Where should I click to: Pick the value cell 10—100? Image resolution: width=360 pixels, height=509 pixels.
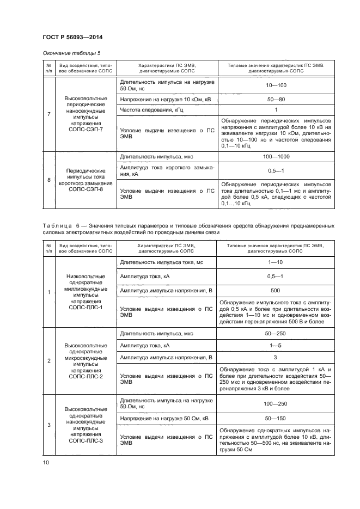[x=275, y=85]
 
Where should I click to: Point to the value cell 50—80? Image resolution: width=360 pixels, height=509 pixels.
[x=275, y=99]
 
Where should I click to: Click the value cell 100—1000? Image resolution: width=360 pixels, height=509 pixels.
[x=275, y=157]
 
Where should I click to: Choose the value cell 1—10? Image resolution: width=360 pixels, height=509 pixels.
[x=275, y=262]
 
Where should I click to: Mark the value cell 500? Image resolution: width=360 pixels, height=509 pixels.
[x=275, y=290]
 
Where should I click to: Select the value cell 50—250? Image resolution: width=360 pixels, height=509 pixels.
[x=275, y=334]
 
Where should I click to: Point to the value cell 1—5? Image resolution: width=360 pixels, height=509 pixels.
[x=275, y=345]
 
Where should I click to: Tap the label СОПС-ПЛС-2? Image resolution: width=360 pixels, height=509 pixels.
[x=86, y=376]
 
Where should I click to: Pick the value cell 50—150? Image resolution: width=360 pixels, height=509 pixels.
[x=275, y=419]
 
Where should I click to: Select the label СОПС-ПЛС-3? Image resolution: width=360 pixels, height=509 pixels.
[x=86, y=444]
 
